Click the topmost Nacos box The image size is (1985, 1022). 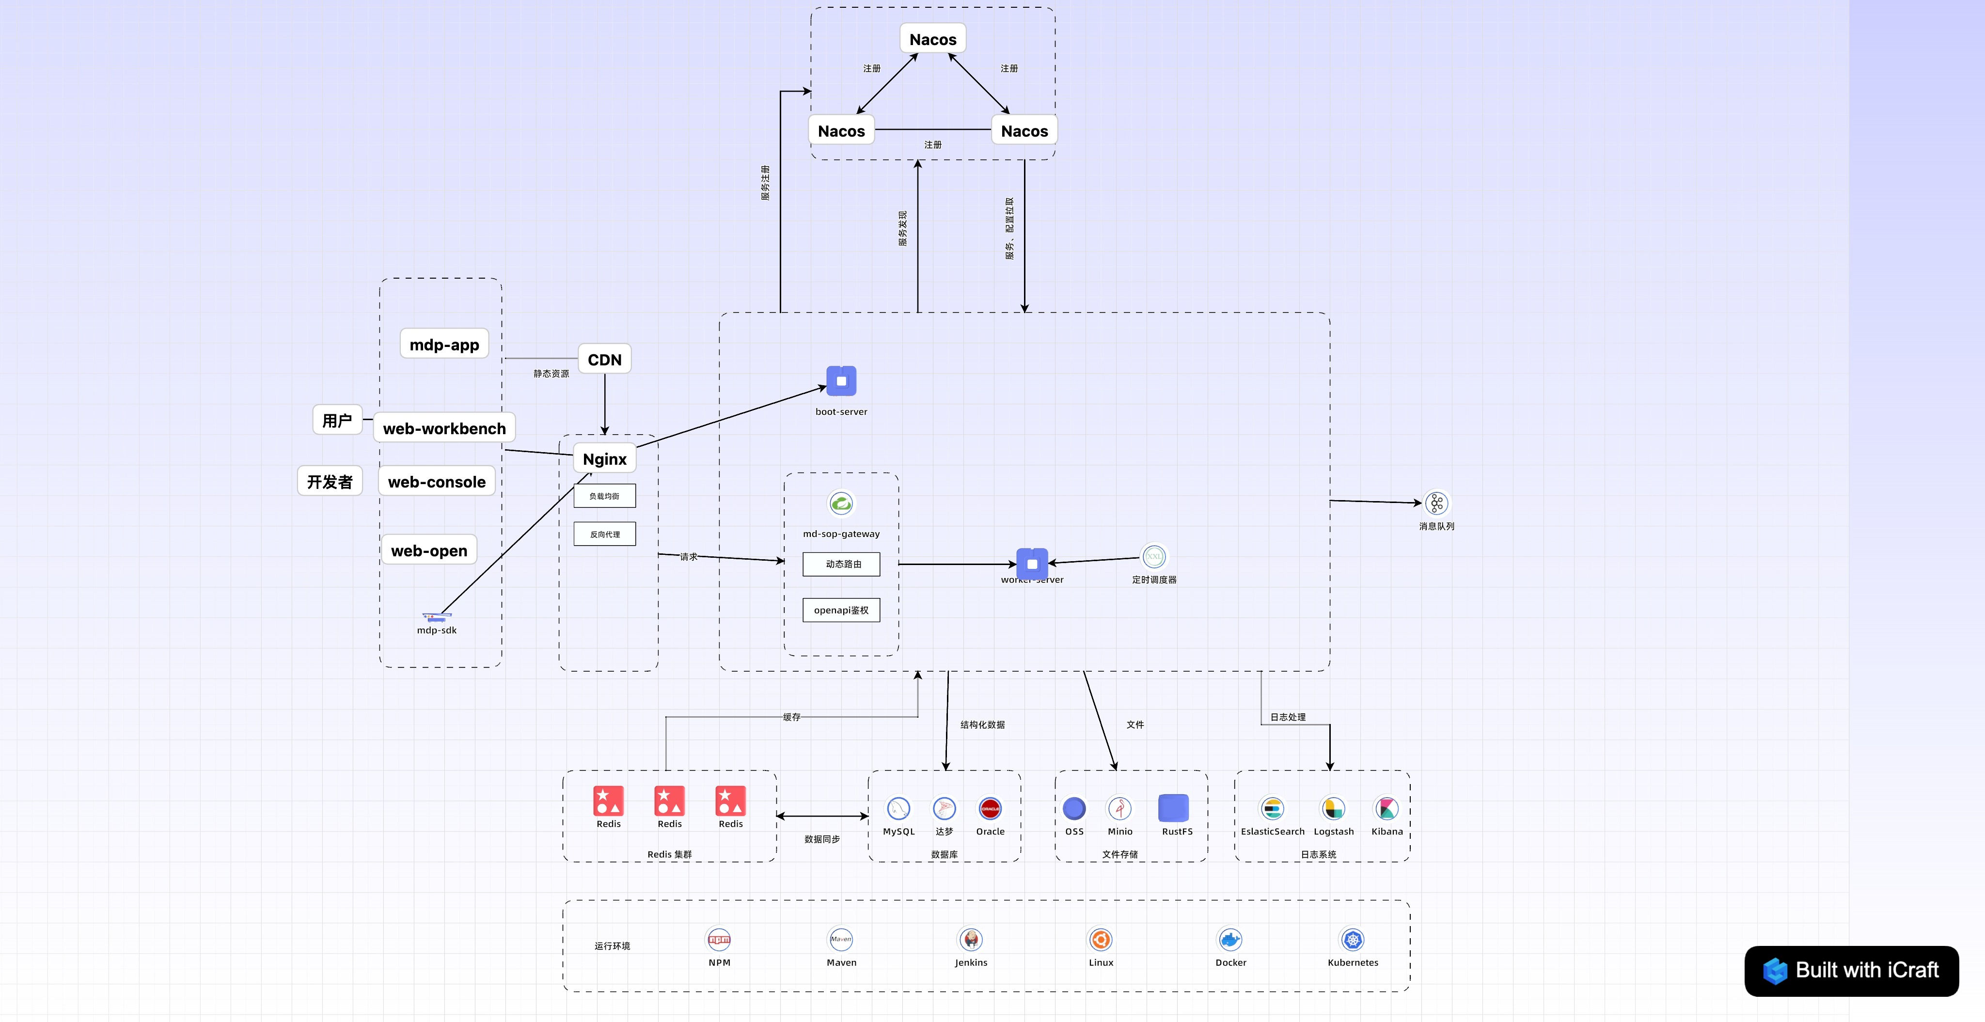coord(932,39)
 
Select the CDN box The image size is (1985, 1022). coord(604,359)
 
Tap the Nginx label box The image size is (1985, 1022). coord(604,458)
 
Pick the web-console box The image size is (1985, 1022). coord(436,482)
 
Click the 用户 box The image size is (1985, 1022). coord(337,420)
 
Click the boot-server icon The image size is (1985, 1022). coord(841,381)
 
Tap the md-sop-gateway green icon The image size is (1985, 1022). coord(841,503)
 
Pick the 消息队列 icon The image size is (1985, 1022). coord(1436,503)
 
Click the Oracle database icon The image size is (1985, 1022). coord(990,808)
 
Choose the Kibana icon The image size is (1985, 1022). coord(1386,808)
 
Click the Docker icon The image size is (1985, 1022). coord(1230,940)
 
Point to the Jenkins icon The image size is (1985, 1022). coord(970,940)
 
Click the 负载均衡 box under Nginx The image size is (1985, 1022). coord(604,496)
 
